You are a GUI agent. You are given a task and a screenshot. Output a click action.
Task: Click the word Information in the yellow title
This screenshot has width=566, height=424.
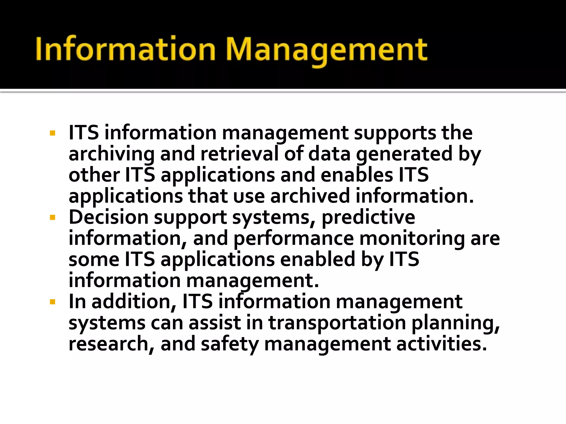[125, 49]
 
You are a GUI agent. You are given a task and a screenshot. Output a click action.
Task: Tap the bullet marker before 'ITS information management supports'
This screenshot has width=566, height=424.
[53, 134]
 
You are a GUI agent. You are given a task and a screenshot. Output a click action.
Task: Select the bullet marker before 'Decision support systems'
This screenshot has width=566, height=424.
[53, 218]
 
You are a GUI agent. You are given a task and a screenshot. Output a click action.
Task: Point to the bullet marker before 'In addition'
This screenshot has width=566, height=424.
[53, 302]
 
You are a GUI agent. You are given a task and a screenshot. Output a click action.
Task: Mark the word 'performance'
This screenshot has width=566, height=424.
[294, 239]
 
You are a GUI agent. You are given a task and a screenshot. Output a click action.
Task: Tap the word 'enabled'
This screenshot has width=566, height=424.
[318, 259]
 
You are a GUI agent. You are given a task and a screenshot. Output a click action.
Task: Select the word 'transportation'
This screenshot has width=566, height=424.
[337, 323]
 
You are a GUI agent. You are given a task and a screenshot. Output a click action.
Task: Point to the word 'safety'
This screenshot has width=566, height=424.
[230, 344]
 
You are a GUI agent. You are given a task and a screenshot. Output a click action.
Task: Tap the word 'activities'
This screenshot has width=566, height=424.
[441, 344]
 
